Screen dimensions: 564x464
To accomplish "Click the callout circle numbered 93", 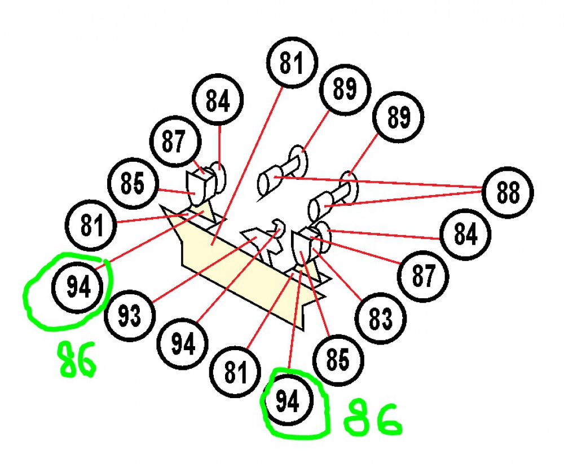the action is (130, 316).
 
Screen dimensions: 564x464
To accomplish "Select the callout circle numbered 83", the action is (381, 319).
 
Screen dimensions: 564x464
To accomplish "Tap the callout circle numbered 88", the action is (508, 192).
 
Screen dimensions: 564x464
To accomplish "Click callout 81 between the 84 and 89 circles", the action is (292, 63).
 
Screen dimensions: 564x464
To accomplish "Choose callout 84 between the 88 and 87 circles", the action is (465, 234).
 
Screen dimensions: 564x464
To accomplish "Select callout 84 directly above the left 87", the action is (218, 99).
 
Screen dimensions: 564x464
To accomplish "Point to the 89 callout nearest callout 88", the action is (398, 117).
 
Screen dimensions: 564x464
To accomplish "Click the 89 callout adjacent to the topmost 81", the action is (345, 89).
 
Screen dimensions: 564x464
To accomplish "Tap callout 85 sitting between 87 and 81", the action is (133, 183).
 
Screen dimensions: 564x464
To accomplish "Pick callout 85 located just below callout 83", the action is (338, 360).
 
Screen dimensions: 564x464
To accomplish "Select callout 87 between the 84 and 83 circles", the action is (423, 276).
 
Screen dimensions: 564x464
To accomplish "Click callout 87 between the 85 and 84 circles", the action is (175, 142).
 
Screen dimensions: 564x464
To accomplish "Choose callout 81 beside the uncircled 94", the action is (235, 372).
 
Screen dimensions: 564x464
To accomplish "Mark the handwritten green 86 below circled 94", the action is (77, 359).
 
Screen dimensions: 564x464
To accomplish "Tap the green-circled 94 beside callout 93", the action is (78, 288).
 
